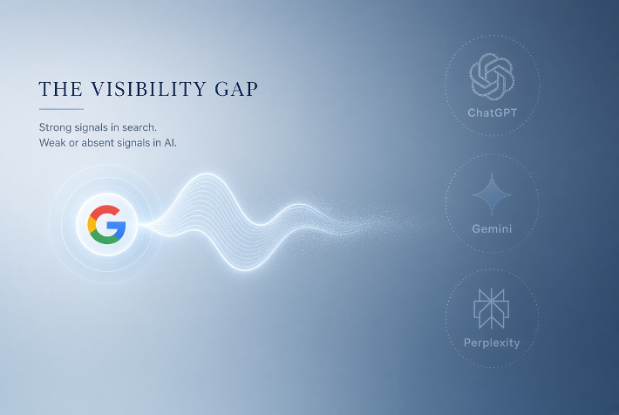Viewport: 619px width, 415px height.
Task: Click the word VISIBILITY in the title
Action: pyautogui.click(x=149, y=89)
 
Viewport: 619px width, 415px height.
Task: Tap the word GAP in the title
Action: pyautogui.click(x=236, y=89)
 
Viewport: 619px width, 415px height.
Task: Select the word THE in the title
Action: pyautogui.click(x=61, y=89)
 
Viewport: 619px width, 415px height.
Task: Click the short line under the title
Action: pyautogui.click(x=61, y=109)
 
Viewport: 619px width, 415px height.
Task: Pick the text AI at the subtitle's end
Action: pyautogui.click(x=170, y=142)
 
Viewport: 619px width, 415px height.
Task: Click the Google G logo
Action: pyautogui.click(x=106, y=224)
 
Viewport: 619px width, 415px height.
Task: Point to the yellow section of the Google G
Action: pyautogui.click(x=92, y=224)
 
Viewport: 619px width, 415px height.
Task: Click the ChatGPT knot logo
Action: pyautogui.click(x=492, y=76)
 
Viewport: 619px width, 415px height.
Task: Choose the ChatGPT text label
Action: pyautogui.click(x=492, y=113)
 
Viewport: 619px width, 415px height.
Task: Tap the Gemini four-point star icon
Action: pyautogui.click(x=492, y=194)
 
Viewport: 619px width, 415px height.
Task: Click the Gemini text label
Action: pyautogui.click(x=492, y=228)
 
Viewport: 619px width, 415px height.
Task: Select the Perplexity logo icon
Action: pyautogui.click(x=492, y=309)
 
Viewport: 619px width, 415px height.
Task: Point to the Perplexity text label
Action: pyautogui.click(x=492, y=343)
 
